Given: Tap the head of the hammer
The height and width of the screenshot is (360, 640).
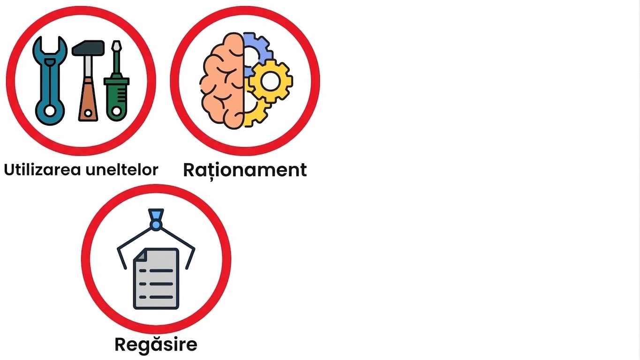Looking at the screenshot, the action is pos(88,48).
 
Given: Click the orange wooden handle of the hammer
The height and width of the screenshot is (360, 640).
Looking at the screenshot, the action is pos(88,99).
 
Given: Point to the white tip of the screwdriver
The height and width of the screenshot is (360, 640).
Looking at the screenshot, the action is pos(117,45).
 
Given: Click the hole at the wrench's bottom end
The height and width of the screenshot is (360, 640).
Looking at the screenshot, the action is pos(50,111).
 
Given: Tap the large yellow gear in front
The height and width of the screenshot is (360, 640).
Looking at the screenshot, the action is pos(271,81).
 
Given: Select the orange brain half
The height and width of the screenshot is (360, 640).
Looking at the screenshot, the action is pos(222,81).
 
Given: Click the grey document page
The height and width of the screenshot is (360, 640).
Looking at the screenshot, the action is pos(156,278).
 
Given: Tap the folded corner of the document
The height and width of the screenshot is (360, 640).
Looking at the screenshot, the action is pos(140,254).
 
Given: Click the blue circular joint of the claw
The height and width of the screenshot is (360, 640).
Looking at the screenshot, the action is pos(156,225).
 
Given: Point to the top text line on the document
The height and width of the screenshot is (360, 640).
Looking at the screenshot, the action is pos(156,270).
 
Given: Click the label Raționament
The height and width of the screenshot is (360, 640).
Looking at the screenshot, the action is pos(245,171).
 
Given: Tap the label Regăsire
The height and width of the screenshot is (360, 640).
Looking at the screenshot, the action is pos(156,344).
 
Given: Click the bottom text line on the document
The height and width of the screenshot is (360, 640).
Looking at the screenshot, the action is pos(156,297).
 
